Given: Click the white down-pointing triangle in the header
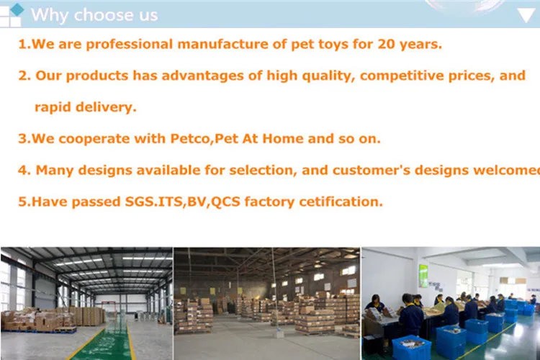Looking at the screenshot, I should [526, 15].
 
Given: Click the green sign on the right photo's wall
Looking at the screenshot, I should [424, 275].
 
